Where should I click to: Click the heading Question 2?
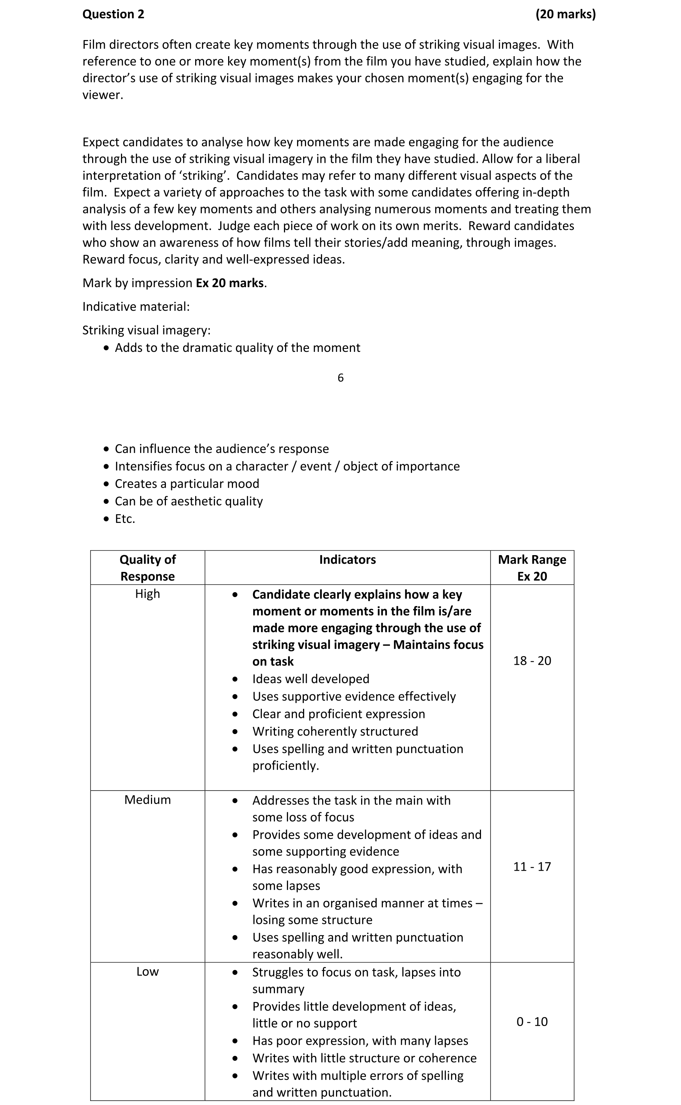(x=113, y=14)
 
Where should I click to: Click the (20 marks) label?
(x=565, y=14)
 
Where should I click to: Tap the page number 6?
(x=340, y=378)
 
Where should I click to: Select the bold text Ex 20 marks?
(x=230, y=283)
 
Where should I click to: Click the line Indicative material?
(x=136, y=307)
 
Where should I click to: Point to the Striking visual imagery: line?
(x=146, y=331)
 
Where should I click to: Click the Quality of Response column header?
(x=147, y=567)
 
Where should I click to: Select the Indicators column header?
(x=347, y=560)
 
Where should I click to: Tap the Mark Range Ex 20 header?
(x=532, y=567)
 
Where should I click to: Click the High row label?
(x=147, y=594)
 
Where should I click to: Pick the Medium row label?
(x=147, y=800)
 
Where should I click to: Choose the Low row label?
(x=147, y=971)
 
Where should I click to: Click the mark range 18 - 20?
(x=532, y=661)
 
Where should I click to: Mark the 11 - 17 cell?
(x=532, y=867)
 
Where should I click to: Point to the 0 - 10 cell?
(x=532, y=1022)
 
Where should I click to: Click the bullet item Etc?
(x=125, y=518)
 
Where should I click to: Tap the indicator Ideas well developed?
(x=311, y=679)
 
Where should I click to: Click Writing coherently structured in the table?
(x=335, y=731)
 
